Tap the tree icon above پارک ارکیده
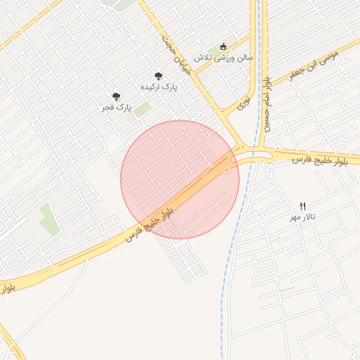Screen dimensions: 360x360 [158, 76]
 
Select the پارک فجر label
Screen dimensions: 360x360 [116, 108]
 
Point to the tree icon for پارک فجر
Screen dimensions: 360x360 [116, 97]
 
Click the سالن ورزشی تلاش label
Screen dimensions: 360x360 [224, 56]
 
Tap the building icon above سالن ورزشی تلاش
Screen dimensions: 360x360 [224, 45]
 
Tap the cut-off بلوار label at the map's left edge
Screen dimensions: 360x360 [6, 289]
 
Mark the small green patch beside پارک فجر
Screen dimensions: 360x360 [143, 110]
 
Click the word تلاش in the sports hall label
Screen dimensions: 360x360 [203, 56]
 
